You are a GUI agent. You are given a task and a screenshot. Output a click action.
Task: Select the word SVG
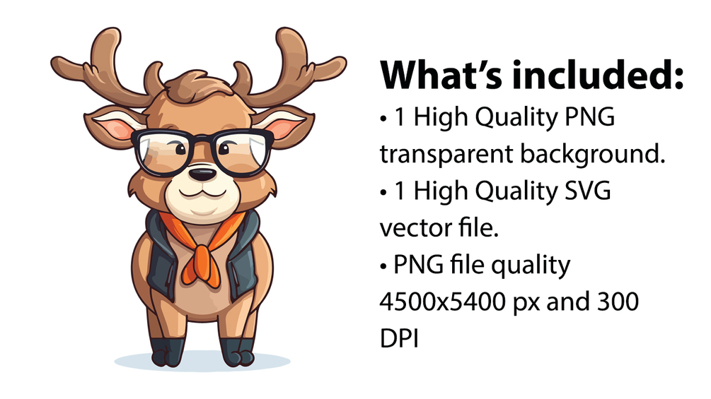589,191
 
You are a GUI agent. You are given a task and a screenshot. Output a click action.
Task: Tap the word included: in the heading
604,75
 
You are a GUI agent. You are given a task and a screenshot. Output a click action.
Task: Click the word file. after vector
468,228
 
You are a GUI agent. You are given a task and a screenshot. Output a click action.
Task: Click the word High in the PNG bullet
439,118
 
